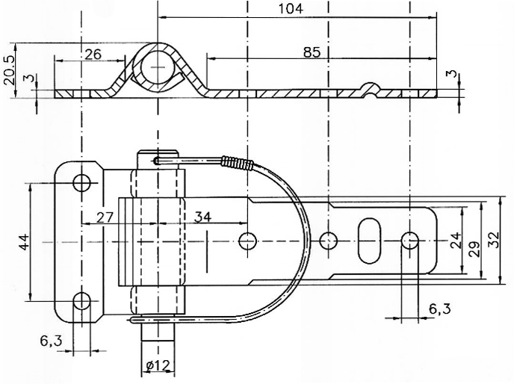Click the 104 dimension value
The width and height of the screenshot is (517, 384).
click(291, 8)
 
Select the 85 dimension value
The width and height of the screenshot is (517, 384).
click(312, 52)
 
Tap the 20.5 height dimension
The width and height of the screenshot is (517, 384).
click(10, 70)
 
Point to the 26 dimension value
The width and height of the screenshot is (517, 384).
click(93, 54)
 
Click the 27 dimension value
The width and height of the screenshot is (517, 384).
click(105, 217)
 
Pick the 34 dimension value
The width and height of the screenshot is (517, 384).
click(202, 217)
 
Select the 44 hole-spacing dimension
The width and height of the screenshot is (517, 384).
click(25, 242)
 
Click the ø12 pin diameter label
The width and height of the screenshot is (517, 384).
click(158, 365)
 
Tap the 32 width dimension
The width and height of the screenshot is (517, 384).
click(495, 241)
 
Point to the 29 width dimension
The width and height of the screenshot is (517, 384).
click(474, 249)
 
